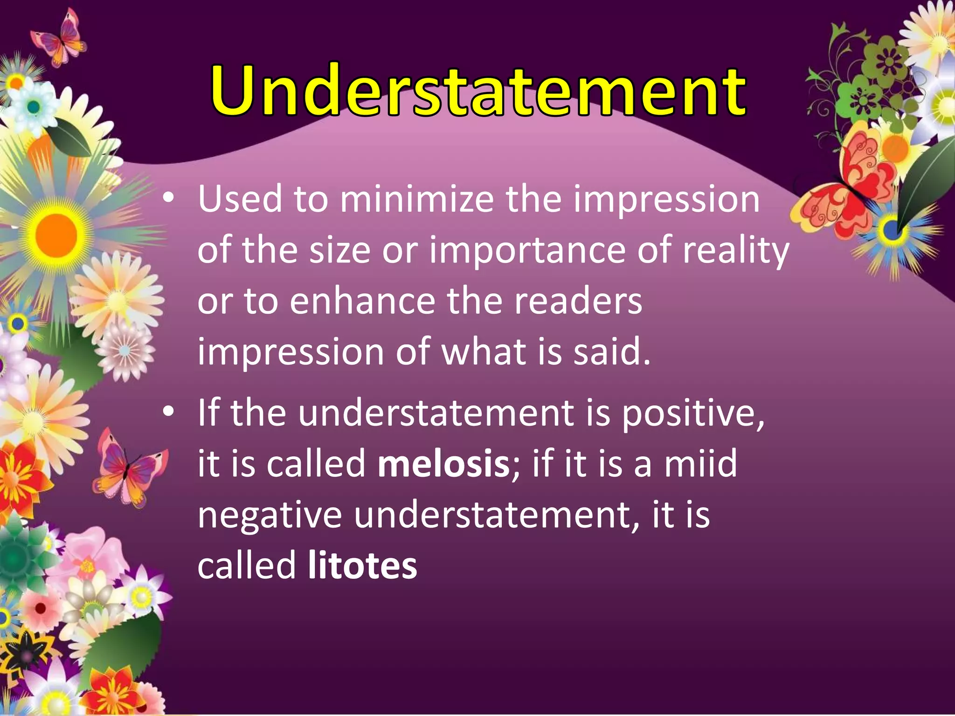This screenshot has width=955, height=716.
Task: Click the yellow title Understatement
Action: click(478, 91)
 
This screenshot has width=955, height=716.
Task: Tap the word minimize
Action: click(416, 200)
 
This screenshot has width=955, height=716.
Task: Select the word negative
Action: click(270, 516)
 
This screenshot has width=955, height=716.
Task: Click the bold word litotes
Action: click(362, 565)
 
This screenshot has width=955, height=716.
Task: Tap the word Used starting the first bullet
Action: click(240, 200)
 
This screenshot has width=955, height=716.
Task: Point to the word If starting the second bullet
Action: click(208, 413)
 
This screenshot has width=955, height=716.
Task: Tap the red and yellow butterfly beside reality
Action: click(839, 186)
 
